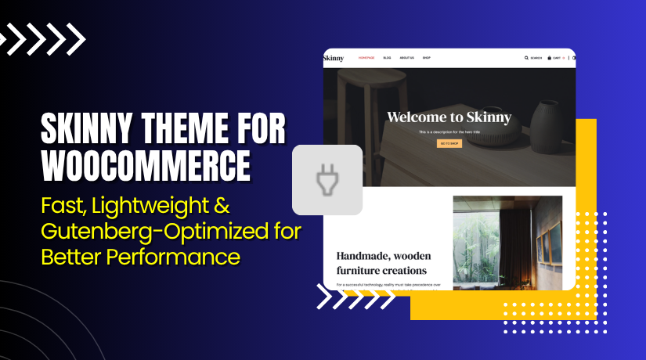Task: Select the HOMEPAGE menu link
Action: tap(367, 58)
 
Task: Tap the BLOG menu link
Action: tap(388, 58)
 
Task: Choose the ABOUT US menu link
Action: tap(406, 58)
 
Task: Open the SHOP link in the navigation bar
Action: tap(427, 58)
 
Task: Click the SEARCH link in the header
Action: tap(533, 58)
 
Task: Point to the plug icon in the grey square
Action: tap(327, 180)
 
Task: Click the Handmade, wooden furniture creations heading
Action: tap(384, 263)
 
